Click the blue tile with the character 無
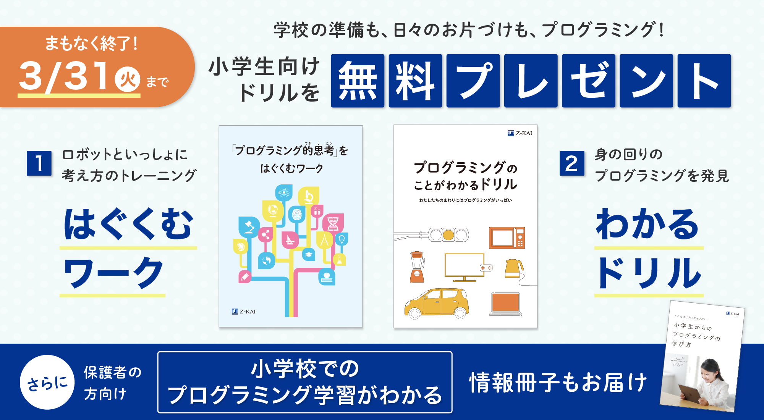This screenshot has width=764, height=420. point(358,81)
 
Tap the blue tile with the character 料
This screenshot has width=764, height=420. point(415,81)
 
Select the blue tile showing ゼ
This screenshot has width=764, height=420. point(589,81)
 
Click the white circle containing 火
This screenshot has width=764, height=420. point(128,79)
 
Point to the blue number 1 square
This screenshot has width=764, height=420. point(39,163)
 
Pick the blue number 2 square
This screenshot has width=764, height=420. point(571,163)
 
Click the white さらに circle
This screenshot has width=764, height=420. point(47,382)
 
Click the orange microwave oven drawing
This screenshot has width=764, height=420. point(507,237)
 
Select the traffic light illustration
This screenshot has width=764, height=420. point(448,235)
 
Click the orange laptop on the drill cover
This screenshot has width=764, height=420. point(505,304)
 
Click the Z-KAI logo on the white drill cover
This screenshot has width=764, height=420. point(520,133)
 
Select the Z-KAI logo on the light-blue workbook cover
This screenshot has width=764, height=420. point(244,312)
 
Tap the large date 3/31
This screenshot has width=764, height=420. point(65,76)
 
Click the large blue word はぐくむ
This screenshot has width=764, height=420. point(128,224)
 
